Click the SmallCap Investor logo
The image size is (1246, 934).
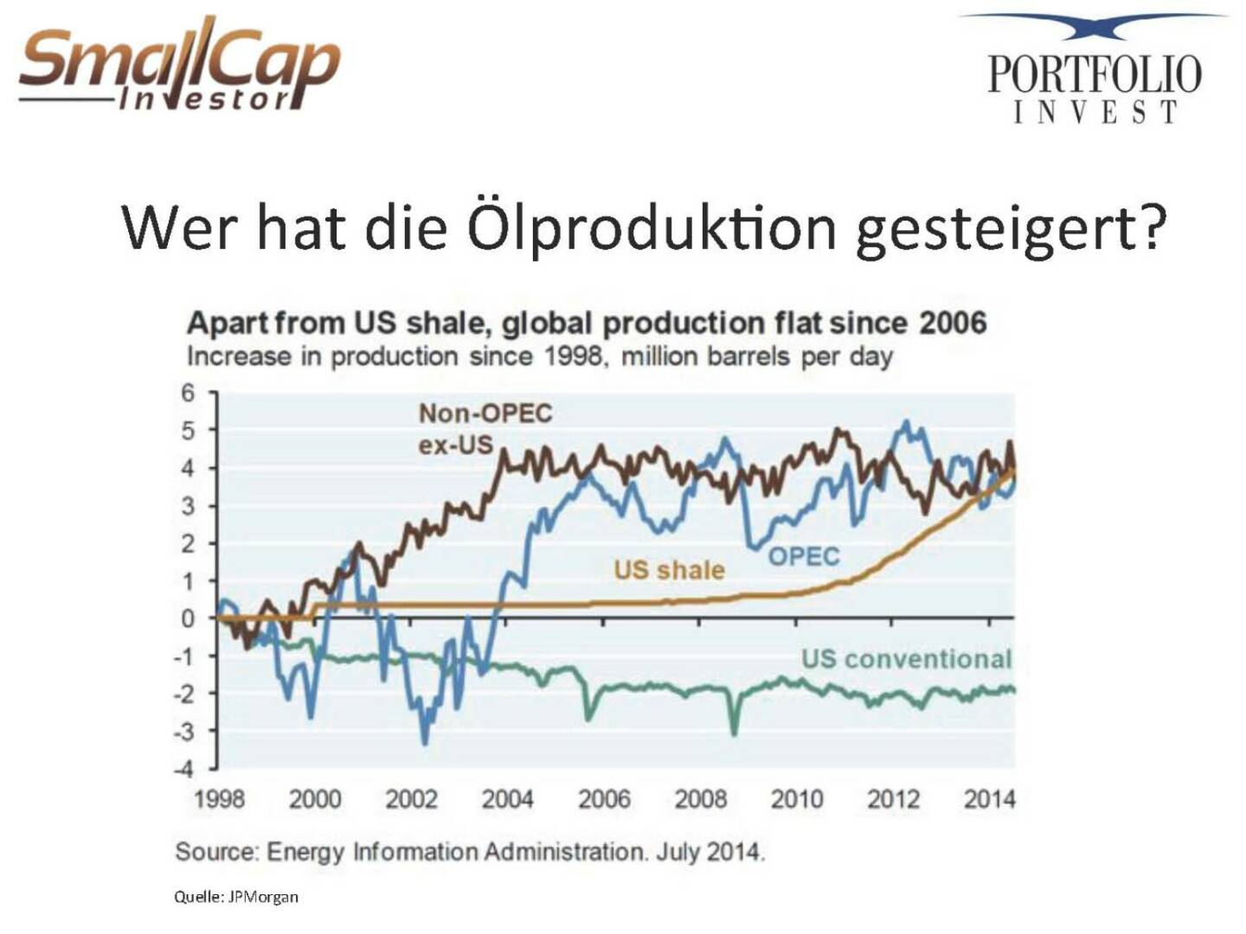tap(179, 67)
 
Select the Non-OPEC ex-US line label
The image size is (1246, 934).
tap(484, 428)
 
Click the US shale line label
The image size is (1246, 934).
tap(669, 570)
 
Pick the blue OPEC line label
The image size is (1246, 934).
tap(804, 556)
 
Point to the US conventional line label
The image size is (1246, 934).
tap(905, 659)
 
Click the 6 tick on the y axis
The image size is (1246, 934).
tap(188, 393)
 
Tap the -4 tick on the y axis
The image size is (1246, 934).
tap(184, 769)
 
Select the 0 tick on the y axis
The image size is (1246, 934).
tap(188, 618)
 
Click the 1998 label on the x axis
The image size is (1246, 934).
tap(219, 798)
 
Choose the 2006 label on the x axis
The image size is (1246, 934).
tap(604, 798)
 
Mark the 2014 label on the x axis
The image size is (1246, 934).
tap(989, 798)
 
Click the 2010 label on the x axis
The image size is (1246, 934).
tap(797, 798)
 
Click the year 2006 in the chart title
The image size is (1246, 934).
tap(952, 323)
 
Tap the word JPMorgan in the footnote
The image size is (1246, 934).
tap(263, 897)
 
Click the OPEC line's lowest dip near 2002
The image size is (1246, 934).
tap(425, 742)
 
